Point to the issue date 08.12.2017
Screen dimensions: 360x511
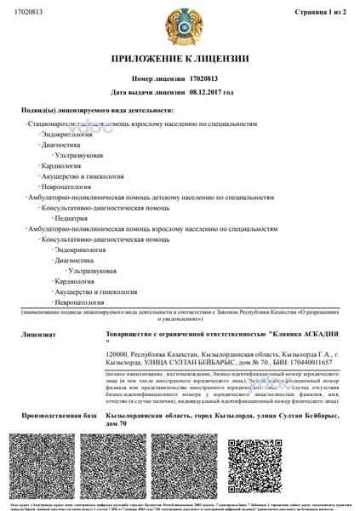[213, 90]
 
